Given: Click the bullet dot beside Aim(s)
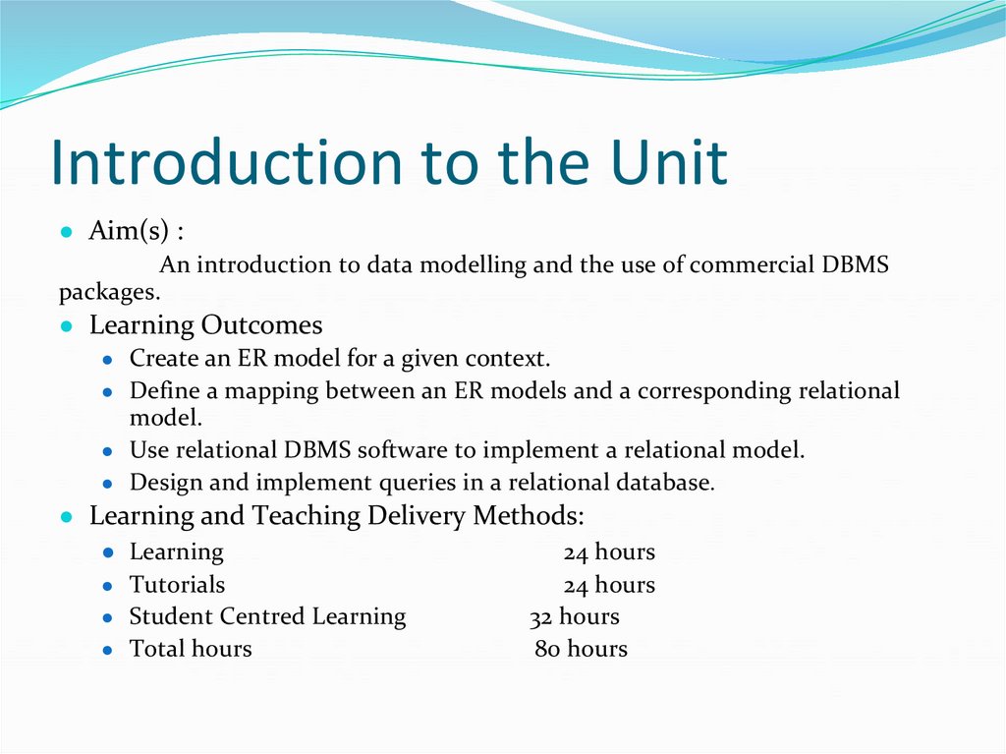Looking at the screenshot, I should point(66,233).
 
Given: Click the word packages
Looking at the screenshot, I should point(108,292).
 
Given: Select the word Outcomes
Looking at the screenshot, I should point(262,325).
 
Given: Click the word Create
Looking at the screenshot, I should point(164,359).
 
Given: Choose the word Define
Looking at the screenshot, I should point(162,390).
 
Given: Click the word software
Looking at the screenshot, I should point(399,450).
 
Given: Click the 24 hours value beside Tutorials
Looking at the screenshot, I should point(609,585).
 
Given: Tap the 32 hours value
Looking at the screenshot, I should point(574,617).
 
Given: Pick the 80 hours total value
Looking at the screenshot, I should point(581,649).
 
